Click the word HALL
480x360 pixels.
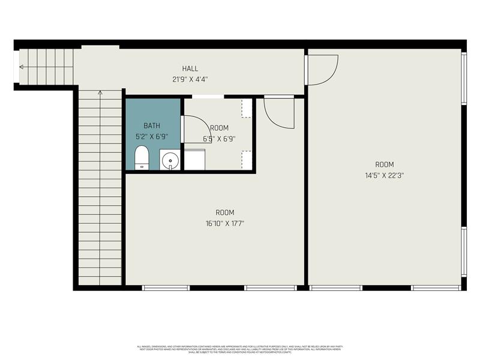point(190,68)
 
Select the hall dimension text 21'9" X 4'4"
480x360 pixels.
point(190,79)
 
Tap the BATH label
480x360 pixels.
point(152,125)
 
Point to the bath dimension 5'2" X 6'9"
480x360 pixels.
point(152,136)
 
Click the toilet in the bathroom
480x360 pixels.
point(142,160)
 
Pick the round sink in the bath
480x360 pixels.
point(170,161)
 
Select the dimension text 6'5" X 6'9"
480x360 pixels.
point(219,138)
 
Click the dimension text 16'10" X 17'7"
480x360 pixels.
point(225,223)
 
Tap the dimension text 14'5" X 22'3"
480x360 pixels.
point(385,176)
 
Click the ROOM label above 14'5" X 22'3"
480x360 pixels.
point(385,165)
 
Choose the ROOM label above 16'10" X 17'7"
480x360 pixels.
point(225,212)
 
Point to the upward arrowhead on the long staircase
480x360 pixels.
point(100,93)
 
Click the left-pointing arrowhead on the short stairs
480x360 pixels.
point(22,67)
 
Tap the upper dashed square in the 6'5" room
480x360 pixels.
point(246,109)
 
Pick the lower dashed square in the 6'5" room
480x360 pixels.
point(246,160)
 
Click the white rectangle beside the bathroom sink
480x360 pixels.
point(194,160)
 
